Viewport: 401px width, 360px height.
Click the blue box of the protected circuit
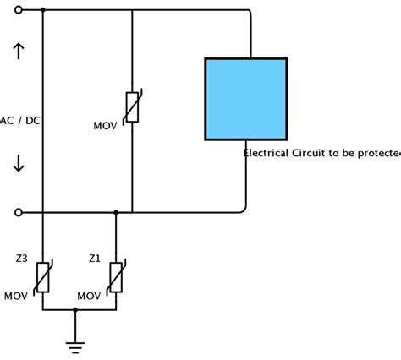point(245,99)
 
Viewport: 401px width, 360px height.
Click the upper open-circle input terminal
point(19,10)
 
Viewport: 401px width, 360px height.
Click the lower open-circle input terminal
point(19,212)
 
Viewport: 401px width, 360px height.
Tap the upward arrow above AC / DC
point(19,52)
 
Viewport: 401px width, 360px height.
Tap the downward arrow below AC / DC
point(19,163)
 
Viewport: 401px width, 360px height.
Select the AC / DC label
point(21,121)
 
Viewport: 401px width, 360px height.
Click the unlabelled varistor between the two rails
point(132,106)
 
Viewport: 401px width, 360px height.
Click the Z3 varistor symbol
point(42,276)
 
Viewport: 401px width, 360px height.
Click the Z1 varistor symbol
point(116,276)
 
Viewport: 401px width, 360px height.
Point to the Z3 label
point(22,258)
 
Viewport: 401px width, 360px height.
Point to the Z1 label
point(95,258)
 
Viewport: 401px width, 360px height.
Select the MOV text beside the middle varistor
point(105,126)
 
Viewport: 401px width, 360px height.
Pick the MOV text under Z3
point(16,296)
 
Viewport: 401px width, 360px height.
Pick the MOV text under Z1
point(89,296)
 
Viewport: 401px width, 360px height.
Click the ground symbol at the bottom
point(75,345)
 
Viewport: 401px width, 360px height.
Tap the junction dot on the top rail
point(42,10)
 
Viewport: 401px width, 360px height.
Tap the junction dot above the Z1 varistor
point(116,212)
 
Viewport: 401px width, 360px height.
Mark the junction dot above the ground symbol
point(75,310)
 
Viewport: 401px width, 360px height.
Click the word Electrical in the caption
point(266,153)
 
